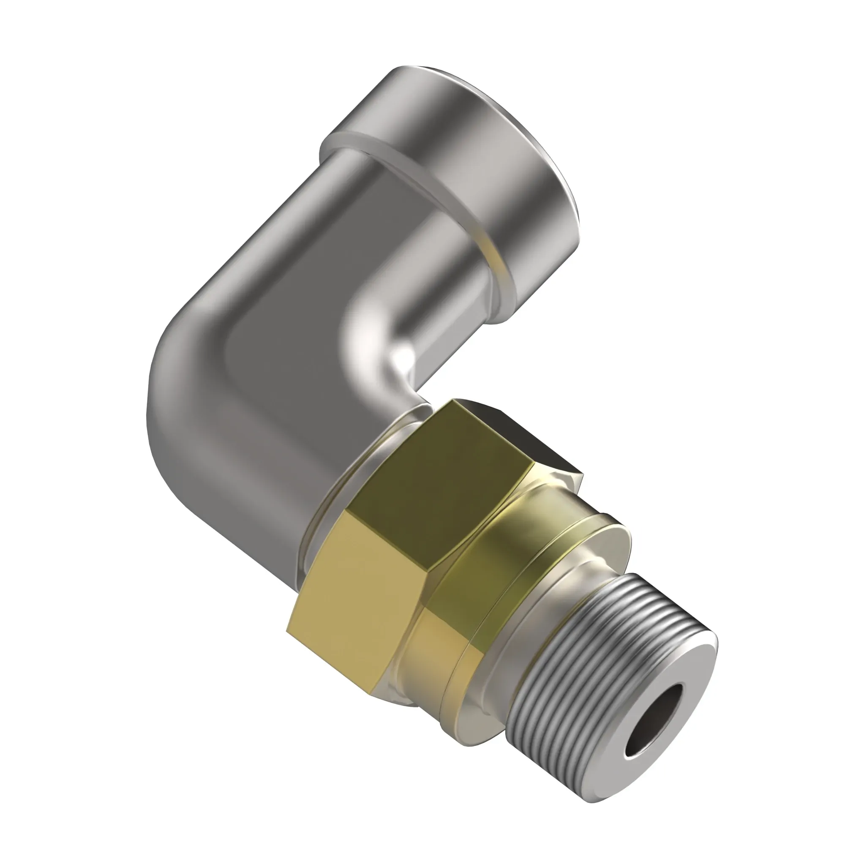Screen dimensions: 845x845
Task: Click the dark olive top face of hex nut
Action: point(442,477)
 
